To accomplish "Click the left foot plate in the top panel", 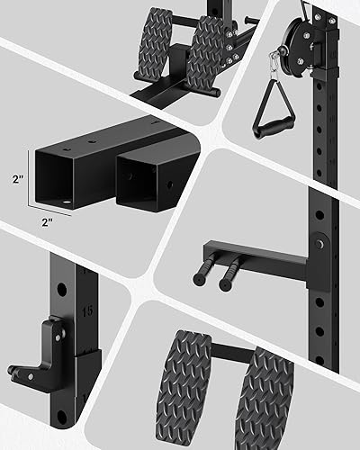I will [156, 40].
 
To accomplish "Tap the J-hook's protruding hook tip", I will [20, 370].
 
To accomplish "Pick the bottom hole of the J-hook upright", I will [61, 418].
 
